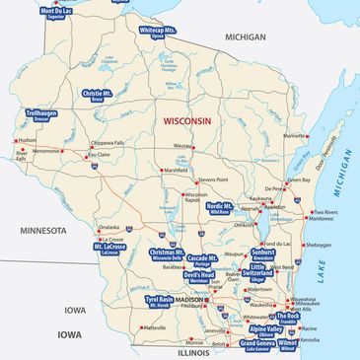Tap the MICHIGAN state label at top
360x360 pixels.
pos(245,36)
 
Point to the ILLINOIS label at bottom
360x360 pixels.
pos(193,351)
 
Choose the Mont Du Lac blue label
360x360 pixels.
pos(56,13)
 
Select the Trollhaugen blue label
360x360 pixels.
pos(44,116)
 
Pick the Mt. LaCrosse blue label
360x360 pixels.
pos(110,249)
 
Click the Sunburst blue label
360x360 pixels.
pos(263,254)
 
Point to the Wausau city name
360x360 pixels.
pos(182,145)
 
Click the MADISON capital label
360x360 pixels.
pos(202,299)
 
